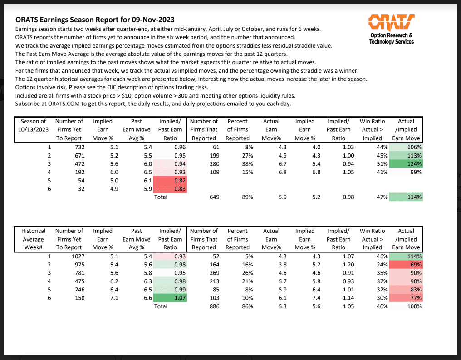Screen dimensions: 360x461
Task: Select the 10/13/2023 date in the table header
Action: tap(34, 130)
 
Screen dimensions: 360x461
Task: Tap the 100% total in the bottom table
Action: tap(414, 306)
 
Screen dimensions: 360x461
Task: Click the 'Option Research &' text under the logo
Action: tap(391, 35)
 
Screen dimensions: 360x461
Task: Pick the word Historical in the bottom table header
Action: tap(34, 231)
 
